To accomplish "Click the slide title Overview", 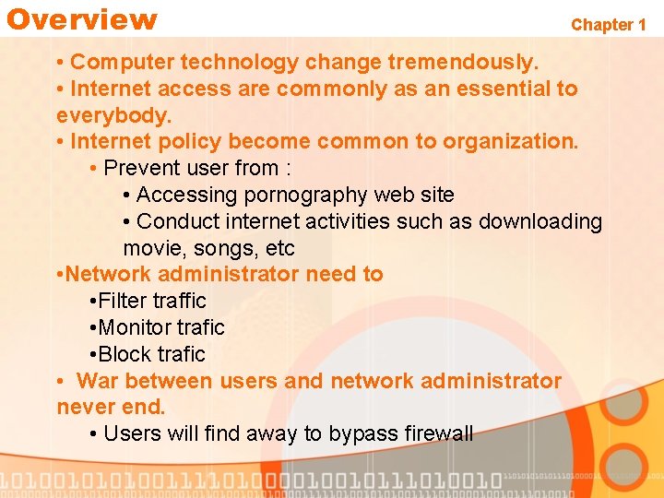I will tap(82, 19).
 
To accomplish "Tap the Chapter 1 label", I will tap(609, 25).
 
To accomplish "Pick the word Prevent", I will tap(139, 169).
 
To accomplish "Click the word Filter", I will tap(123, 301).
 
